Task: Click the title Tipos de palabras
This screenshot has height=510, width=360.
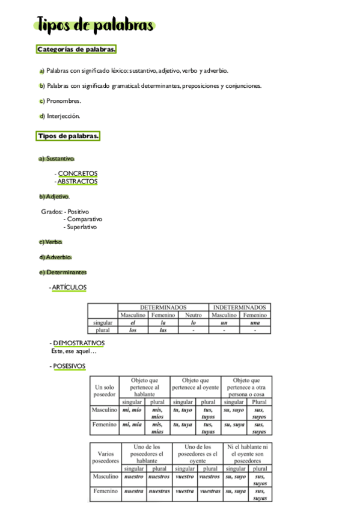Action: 95,26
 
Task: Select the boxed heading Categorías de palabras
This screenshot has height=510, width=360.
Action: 76,49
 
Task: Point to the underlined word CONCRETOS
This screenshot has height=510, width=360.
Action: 78,174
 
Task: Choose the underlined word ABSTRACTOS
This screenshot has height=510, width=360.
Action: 78,181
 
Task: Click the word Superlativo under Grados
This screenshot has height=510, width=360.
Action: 82,227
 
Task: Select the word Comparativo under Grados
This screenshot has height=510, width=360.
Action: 85,220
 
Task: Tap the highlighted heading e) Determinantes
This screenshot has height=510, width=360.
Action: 63,272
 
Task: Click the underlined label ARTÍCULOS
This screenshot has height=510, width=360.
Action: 69,287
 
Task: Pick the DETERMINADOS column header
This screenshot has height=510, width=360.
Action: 163,307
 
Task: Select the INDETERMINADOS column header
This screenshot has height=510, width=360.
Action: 240,307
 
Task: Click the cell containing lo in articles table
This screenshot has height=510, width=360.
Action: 193,322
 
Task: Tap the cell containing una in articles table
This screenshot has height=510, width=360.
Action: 255,322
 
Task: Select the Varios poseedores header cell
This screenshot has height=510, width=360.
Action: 105,456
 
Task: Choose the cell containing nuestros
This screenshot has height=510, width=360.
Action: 159,476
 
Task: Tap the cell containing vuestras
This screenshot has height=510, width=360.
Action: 210,491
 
